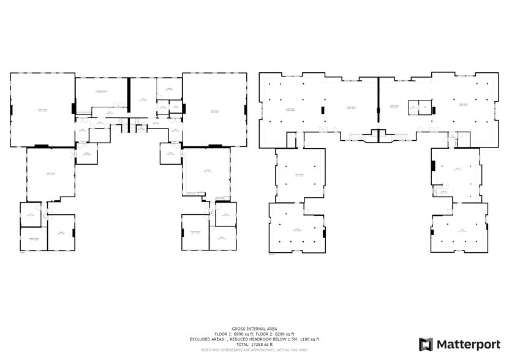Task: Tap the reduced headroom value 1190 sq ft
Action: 307,339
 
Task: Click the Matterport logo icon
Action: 426,344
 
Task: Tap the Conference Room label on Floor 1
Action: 101,91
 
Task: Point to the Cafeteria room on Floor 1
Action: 208,171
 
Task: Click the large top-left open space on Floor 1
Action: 42,110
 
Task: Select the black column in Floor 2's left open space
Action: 322,110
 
